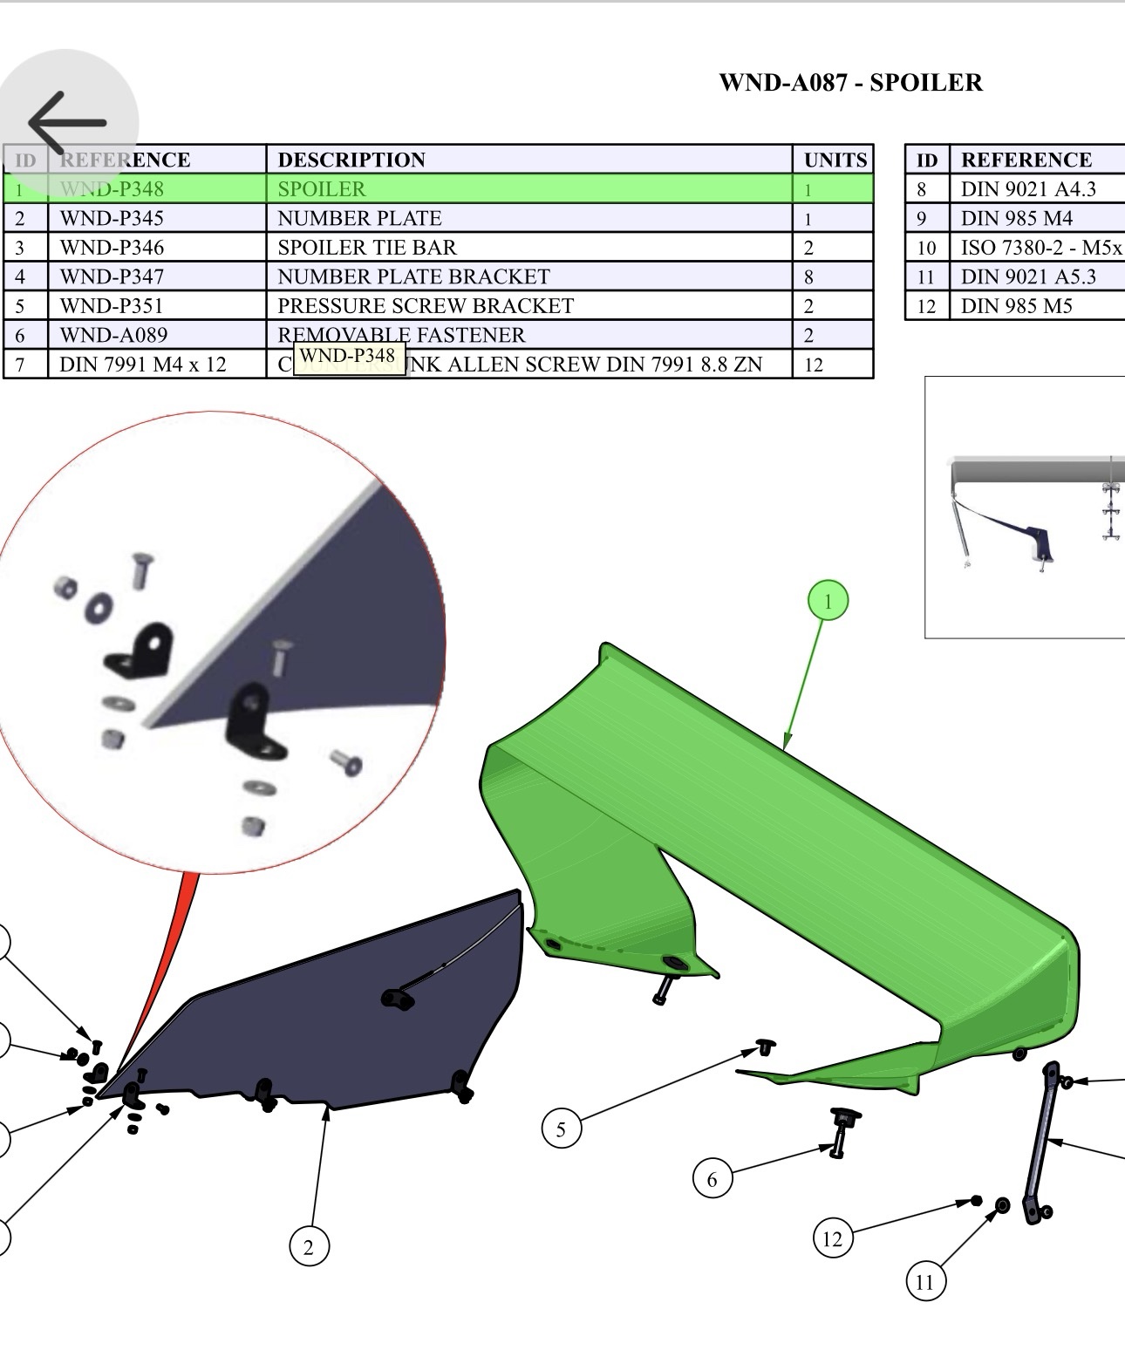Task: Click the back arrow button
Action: click(x=67, y=123)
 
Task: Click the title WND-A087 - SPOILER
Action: click(x=850, y=83)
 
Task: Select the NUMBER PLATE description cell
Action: click(x=359, y=218)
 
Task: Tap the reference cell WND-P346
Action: click(x=112, y=248)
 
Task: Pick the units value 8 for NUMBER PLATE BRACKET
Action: click(x=808, y=277)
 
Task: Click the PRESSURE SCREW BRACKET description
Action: click(x=426, y=306)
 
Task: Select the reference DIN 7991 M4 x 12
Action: click(x=143, y=365)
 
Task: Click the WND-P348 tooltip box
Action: click(x=348, y=357)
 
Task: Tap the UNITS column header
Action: click(x=835, y=160)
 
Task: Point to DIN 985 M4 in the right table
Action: click(x=1016, y=219)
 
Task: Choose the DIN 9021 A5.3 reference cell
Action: click(x=1027, y=277)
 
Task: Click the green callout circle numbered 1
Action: click(x=828, y=601)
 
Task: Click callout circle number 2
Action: click(x=309, y=1247)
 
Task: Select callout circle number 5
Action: click(x=561, y=1129)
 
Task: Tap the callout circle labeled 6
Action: click(x=712, y=1179)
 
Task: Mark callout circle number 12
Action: click(x=832, y=1238)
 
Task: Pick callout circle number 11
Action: click(x=924, y=1282)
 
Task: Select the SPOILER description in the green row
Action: click(x=322, y=189)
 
